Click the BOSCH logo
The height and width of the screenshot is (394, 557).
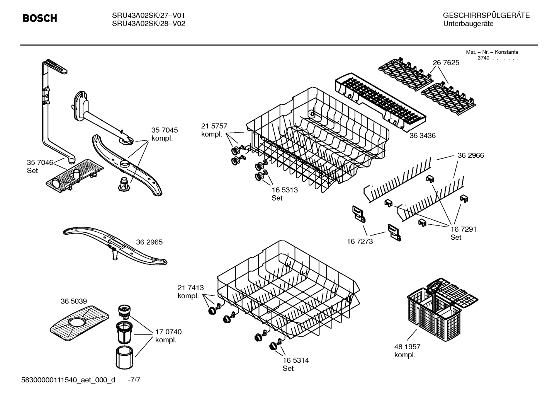tap(39, 18)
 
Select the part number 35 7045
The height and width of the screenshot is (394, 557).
tap(164, 130)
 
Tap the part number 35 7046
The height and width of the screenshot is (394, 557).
tap(40, 162)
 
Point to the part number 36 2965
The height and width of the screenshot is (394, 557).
tap(149, 242)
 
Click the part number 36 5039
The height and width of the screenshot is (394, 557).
tap(73, 301)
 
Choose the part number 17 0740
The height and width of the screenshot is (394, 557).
tap(168, 332)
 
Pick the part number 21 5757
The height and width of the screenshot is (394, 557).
tap(214, 126)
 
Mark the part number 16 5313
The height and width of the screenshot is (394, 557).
tap(285, 190)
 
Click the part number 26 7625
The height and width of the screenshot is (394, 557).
tap(446, 62)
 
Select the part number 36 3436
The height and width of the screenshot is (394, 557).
tap(422, 136)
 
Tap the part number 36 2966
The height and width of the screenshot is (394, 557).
tap(470, 155)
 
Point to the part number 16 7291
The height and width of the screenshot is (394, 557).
tap(463, 229)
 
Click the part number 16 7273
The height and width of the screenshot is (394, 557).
tap(360, 241)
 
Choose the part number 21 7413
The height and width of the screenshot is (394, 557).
tap(190, 288)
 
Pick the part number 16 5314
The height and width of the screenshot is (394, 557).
tap(295, 360)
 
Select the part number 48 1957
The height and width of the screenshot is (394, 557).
tap(407, 347)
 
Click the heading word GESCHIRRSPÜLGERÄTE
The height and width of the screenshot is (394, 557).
tap(486, 15)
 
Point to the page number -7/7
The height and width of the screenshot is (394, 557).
tap(134, 380)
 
